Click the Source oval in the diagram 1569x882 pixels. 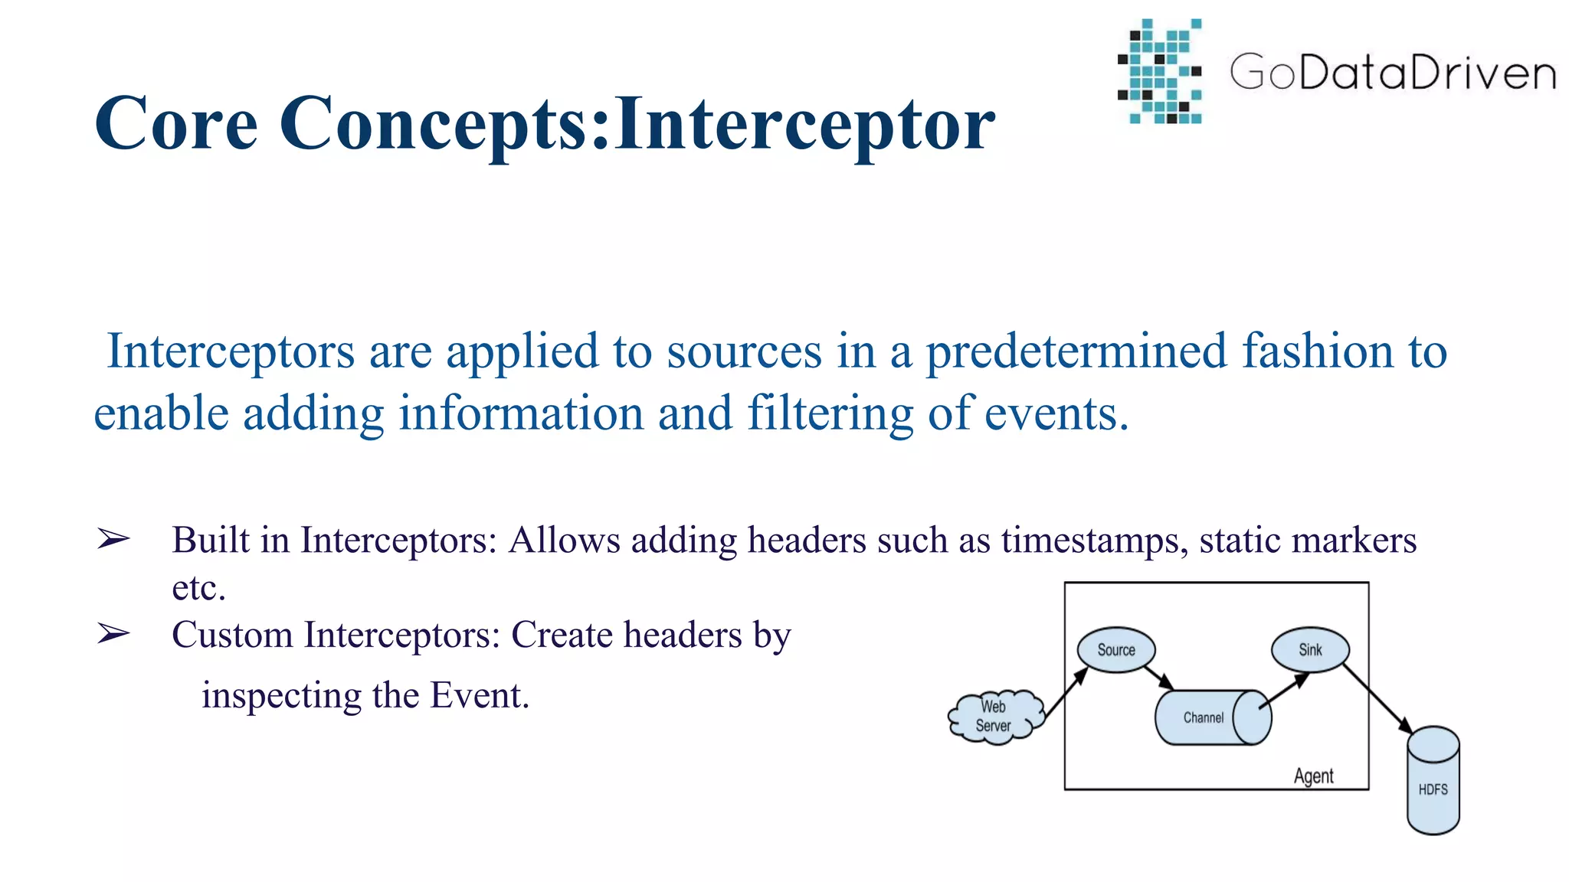1115,650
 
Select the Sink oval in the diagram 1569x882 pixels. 1310,650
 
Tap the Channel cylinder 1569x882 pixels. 1210,717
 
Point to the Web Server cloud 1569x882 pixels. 994,717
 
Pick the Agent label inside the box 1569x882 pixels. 1313,776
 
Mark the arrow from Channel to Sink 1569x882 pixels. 1285,691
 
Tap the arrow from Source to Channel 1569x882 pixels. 1159,677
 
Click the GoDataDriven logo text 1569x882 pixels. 1393,73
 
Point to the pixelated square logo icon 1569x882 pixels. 1160,72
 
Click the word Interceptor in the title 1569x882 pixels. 804,124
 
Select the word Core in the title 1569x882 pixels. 175,124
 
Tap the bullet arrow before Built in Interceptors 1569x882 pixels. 113,540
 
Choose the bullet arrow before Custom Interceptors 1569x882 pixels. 113,634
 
